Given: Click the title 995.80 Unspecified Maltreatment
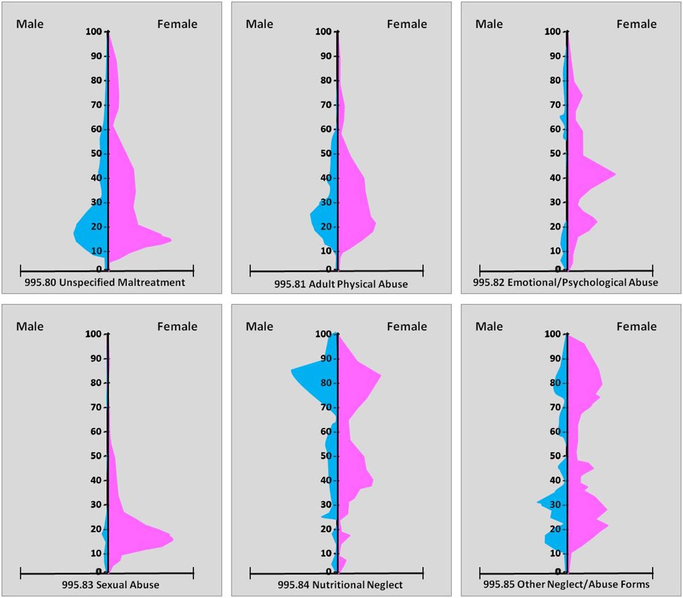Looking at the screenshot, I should [x=105, y=282].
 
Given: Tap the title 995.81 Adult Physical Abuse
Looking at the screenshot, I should [x=341, y=284].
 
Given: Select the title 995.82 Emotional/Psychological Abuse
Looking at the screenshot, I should [x=565, y=282].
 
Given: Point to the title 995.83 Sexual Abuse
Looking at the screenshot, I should [x=111, y=585].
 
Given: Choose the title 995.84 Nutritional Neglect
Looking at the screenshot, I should [x=340, y=585].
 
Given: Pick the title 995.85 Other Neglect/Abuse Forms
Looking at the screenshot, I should [x=566, y=584].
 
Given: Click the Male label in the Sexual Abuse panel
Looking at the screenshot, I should [x=30, y=326].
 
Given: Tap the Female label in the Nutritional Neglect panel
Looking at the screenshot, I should [x=406, y=326].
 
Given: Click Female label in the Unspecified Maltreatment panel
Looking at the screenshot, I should [x=177, y=24].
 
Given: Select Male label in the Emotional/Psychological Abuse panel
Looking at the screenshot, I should [x=489, y=24].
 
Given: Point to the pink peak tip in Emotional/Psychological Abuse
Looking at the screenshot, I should [x=615, y=174].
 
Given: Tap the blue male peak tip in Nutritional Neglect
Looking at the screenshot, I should [x=292, y=370].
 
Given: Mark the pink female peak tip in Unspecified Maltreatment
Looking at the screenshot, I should [x=171, y=240].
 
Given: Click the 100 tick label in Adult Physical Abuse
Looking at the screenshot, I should [x=323, y=32].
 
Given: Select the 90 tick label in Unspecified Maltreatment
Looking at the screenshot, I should [x=96, y=56].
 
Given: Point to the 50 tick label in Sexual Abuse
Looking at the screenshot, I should [x=96, y=456].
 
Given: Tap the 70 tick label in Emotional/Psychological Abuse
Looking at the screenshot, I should [x=555, y=105].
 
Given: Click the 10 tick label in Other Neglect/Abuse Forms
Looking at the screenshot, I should [x=555, y=553].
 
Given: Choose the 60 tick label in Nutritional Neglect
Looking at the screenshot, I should [x=326, y=431].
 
